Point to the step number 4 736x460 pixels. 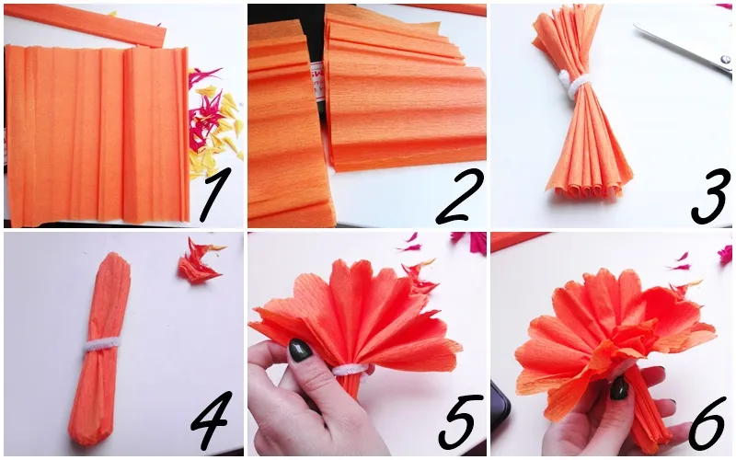click(212, 420)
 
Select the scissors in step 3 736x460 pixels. click(685, 44)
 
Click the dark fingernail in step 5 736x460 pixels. click(300, 351)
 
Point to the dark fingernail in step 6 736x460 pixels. click(619, 388)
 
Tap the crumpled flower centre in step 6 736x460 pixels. click(622, 345)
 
